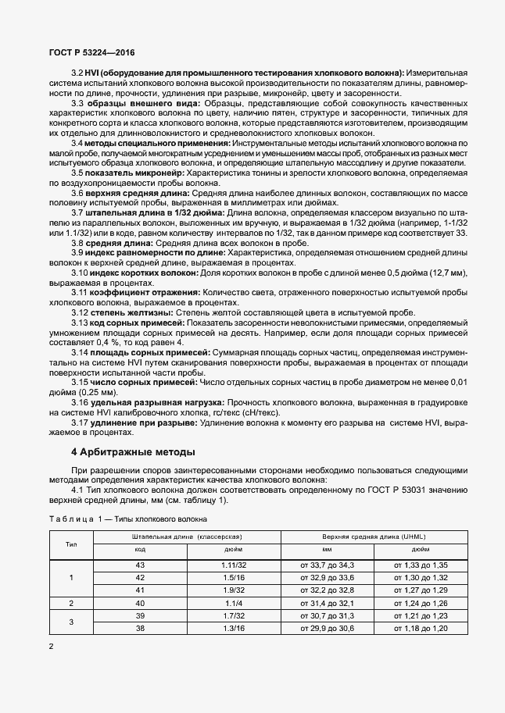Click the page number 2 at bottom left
[51, 647]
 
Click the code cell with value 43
[140, 564]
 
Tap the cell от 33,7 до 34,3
[327, 564]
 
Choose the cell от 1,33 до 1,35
[421, 564]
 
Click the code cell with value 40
[140, 603]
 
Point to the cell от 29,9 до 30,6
[327, 628]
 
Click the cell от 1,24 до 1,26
[421, 603]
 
